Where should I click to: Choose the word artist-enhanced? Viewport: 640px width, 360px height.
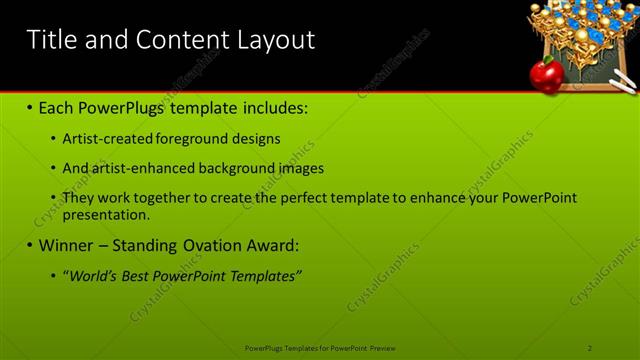[139, 168]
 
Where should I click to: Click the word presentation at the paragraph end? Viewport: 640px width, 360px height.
[106, 214]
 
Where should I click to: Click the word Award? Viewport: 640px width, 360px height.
[271, 245]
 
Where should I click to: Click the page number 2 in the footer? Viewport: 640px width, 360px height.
[590, 347]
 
